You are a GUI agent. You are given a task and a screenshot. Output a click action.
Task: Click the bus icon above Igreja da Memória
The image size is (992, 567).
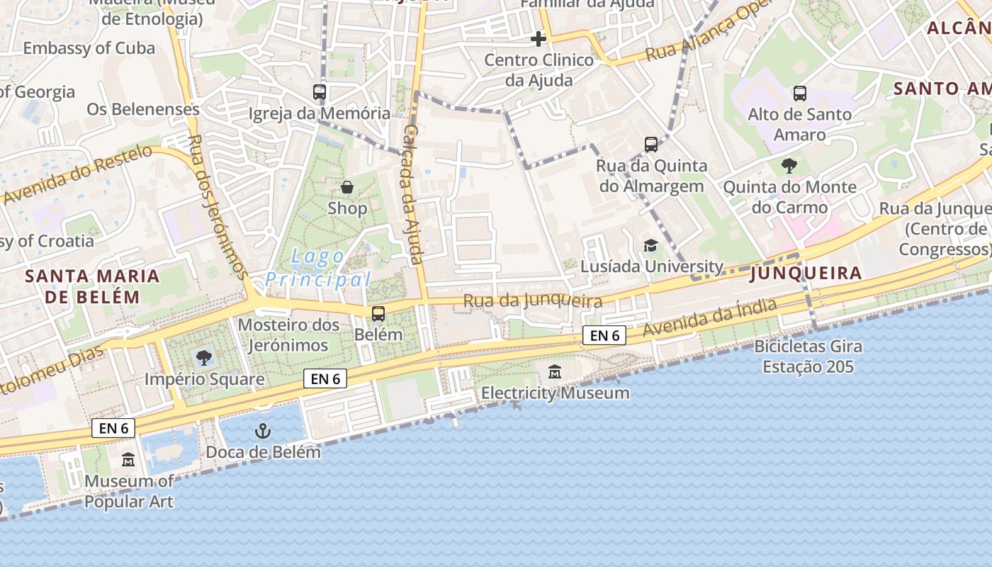coord(320,91)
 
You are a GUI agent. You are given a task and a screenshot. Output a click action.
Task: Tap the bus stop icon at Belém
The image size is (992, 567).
coord(378,313)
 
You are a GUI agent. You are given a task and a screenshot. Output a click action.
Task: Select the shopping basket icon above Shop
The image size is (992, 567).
coord(347,187)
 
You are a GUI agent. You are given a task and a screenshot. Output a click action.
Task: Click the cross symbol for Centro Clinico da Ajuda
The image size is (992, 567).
coord(539,38)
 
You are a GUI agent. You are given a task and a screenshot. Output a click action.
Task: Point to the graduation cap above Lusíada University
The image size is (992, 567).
coord(650,245)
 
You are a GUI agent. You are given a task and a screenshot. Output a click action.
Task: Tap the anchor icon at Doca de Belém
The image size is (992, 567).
coord(263,430)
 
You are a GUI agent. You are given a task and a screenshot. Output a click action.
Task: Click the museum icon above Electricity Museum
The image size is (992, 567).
coord(555,371)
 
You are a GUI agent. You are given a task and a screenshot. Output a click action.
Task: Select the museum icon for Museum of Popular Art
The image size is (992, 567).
coord(128,460)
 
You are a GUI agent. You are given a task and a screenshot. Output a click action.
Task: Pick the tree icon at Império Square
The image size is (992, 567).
coord(204,357)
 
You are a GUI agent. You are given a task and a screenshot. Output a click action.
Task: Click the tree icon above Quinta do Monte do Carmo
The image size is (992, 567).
coord(789,166)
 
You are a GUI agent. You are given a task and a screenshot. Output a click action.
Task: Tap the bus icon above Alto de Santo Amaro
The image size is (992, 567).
coord(800,93)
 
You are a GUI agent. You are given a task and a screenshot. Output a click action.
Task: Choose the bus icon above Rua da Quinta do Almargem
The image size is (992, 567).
coord(651,145)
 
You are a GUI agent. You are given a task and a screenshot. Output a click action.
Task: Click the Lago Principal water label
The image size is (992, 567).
coord(318,268)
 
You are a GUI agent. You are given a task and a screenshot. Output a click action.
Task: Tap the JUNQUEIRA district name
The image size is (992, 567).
coord(806,273)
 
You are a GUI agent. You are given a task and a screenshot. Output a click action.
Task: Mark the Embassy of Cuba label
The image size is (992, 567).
coord(89,48)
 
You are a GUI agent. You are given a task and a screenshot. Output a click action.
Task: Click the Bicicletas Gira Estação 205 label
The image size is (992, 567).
coord(808,357)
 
